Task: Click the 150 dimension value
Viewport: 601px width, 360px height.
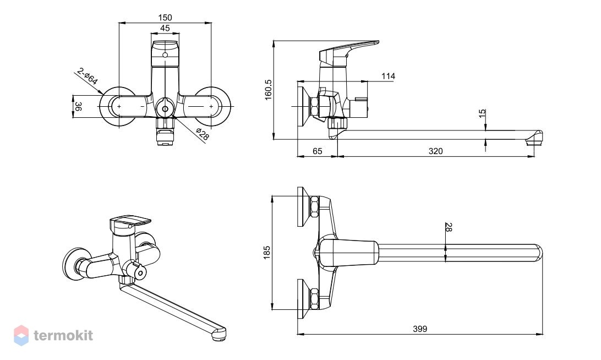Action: point(165,17)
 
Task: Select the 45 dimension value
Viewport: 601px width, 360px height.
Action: point(165,28)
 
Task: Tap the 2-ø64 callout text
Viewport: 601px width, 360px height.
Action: point(88,76)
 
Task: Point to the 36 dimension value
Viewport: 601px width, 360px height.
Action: point(78,106)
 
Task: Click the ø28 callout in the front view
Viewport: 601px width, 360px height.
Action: point(203,134)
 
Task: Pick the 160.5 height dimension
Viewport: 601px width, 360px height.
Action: point(268,90)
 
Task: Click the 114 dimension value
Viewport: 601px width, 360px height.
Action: point(388,77)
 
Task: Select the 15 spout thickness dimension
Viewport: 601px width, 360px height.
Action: point(482,113)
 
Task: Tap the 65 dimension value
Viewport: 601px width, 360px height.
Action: point(318,151)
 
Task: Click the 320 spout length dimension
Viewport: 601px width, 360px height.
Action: point(435,151)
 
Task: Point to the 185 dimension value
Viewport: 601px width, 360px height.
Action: point(267,253)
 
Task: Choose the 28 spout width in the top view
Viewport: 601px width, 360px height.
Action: point(449,227)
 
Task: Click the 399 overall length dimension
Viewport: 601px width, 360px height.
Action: point(420,329)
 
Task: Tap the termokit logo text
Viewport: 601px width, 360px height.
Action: point(63,335)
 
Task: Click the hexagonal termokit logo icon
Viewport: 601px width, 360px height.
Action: point(21,335)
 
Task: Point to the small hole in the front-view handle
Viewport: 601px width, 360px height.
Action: point(165,55)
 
